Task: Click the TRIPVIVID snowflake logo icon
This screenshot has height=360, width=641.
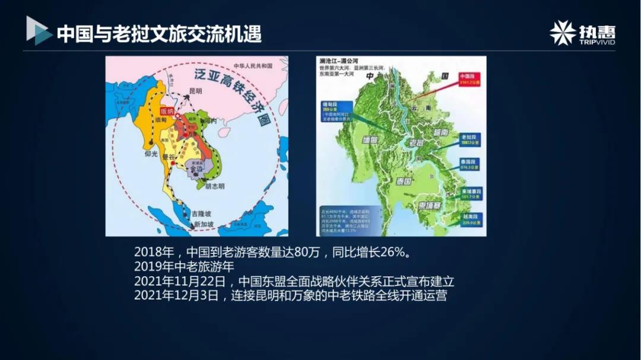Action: tap(562, 33)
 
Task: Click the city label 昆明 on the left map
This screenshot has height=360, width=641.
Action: tap(196, 92)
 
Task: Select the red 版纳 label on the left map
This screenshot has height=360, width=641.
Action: tap(167, 111)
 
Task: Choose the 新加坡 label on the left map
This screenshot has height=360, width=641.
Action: tap(204, 224)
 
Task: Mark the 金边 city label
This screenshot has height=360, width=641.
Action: tap(195, 168)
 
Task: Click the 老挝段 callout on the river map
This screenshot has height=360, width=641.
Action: tap(471, 139)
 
